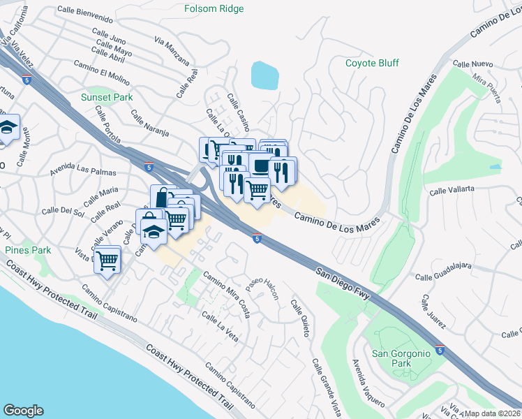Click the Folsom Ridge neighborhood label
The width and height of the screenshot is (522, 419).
214,9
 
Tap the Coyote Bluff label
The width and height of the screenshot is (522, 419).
372,63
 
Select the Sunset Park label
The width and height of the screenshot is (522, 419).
106,97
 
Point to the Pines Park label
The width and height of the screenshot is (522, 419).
28,250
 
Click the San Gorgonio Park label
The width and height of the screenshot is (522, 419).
401,358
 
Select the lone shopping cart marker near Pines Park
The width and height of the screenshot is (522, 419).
107,260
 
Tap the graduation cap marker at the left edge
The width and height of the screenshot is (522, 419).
8,128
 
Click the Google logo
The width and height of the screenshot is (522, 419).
22,411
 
